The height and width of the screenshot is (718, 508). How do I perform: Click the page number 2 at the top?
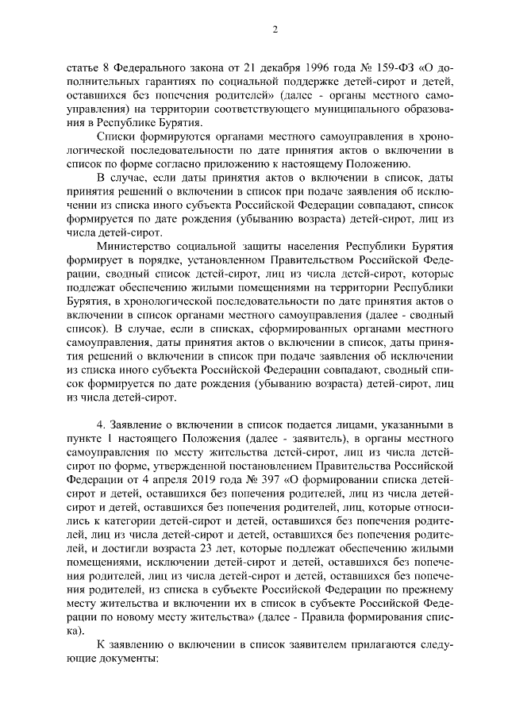click(274, 30)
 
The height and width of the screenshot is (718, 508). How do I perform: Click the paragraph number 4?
click(98, 434)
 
